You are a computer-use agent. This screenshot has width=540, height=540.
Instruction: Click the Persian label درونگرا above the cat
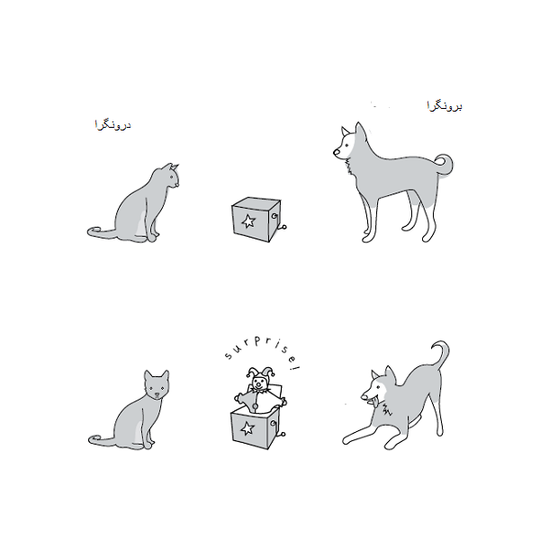[x=112, y=125]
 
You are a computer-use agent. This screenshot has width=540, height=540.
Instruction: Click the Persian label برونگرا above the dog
[x=445, y=105]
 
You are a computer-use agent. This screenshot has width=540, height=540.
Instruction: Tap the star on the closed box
[x=248, y=220]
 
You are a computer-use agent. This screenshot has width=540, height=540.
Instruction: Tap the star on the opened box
[x=247, y=428]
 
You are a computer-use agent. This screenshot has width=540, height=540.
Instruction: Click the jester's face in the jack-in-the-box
[x=258, y=382]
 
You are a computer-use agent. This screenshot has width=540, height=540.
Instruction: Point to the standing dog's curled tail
[x=445, y=165]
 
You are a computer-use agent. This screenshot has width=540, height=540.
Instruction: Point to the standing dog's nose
[x=336, y=151]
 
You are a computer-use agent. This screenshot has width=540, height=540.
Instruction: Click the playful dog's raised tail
[x=442, y=355]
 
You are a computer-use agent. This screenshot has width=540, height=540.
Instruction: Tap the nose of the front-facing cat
[x=157, y=394]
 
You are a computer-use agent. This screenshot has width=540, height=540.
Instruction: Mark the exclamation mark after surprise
[x=295, y=367]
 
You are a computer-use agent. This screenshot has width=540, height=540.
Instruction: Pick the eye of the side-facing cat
[x=171, y=177]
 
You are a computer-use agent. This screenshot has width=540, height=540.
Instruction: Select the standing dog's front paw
[x=367, y=238]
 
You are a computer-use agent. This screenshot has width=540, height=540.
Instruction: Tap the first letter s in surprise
[x=228, y=355]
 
